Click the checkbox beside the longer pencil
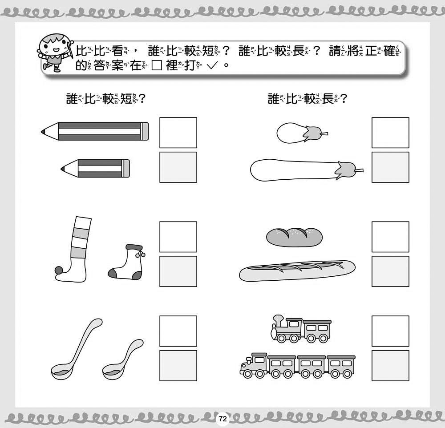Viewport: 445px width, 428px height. pyautogui.click(x=178, y=133)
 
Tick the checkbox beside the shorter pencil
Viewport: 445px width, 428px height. pyautogui.click(x=178, y=167)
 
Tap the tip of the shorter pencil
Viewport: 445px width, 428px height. pyautogui.click(x=63, y=168)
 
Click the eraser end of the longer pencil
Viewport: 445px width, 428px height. pyautogui.click(x=145, y=131)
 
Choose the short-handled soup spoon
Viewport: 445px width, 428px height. pyautogui.click(x=121, y=360)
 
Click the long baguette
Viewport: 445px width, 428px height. pyautogui.click(x=298, y=271)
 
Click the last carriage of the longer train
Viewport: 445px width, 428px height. pyautogui.click(x=340, y=365)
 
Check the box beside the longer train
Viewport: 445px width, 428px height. pyautogui.click(x=390, y=365)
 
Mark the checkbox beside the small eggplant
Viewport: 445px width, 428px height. pyautogui.click(x=390, y=133)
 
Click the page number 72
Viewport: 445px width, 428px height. pyautogui.click(x=222, y=419)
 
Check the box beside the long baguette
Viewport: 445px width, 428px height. pyautogui.click(x=390, y=271)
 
